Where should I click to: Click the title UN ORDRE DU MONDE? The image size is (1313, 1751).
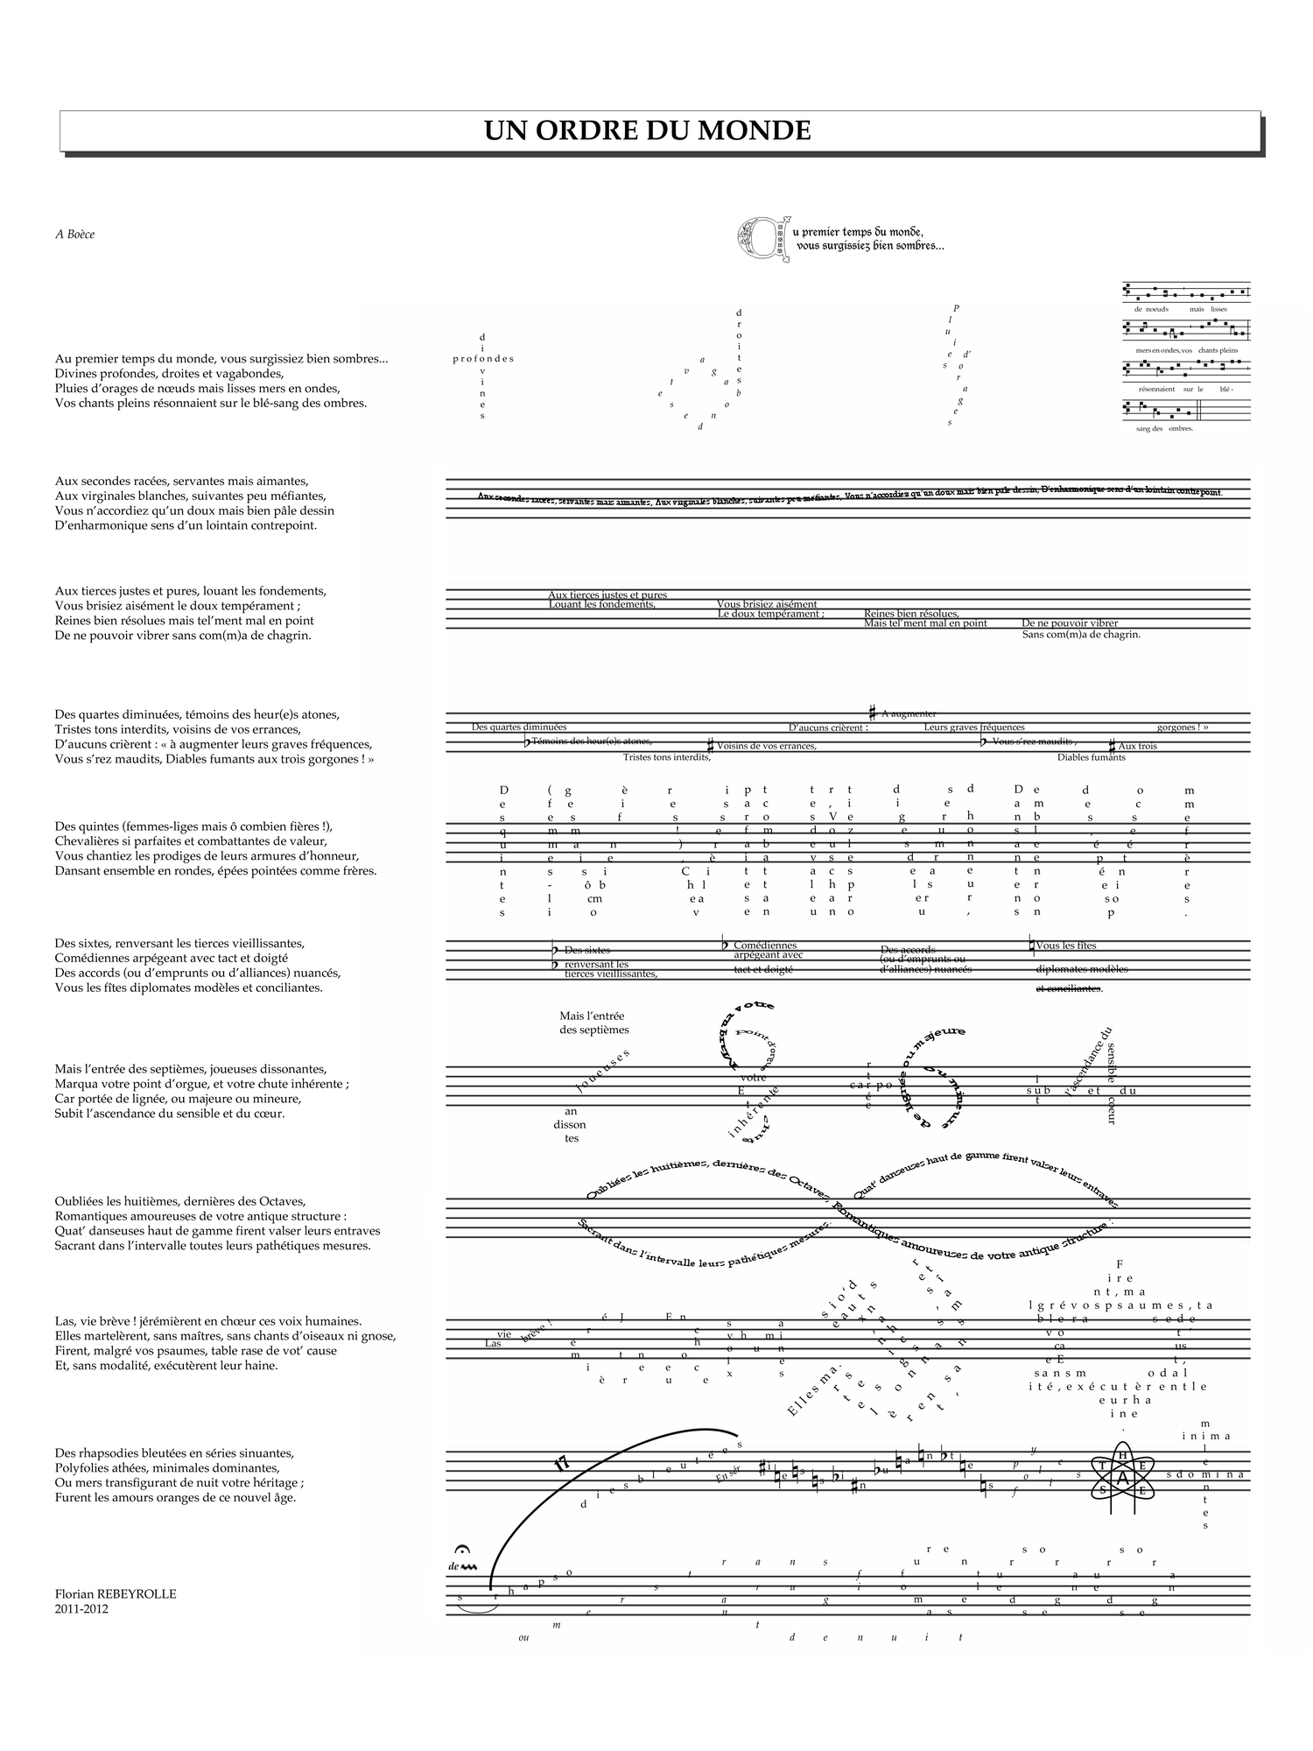click(x=648, y=130)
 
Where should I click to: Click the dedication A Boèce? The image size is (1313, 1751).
click(x=74, y=234)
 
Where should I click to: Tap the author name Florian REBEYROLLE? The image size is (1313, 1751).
click(x=116, y=1593)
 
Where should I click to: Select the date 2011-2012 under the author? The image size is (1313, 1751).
click(x=81, y=1608)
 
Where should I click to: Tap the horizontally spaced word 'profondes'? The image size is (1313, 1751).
click(x=483, y=359)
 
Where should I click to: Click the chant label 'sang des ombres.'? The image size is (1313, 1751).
click(x=1164, y=428)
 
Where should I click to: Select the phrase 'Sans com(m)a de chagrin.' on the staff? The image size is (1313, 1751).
click(x=1081, y=634)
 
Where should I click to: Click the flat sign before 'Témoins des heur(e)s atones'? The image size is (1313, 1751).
click(x=527, y=742)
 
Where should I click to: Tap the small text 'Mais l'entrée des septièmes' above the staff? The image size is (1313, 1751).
click(x=593, y=1023)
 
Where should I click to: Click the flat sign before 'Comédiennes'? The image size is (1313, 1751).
click(x=725, y=945)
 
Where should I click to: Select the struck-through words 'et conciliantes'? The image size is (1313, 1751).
click(x=1069, y=988)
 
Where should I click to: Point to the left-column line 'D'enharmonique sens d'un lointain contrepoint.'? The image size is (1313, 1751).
click(x=186, y=525)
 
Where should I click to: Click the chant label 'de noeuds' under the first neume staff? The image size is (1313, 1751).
click(x=1151, y=309)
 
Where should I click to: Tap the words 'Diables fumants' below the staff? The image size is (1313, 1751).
click(x=1091, y=757)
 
